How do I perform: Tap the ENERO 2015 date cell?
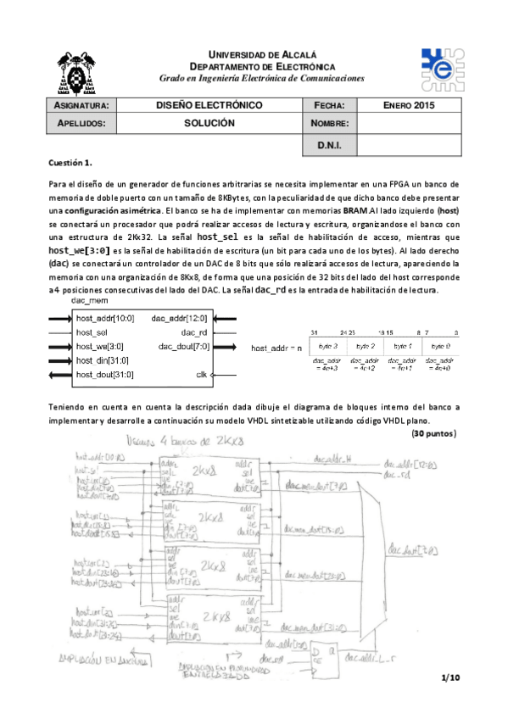coord(408,105)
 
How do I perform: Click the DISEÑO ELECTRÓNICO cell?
coord(209,105)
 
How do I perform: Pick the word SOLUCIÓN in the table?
coord(209,123)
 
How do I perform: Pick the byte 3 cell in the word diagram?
coord(329,348)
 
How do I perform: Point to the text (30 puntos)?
coord(435,433)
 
